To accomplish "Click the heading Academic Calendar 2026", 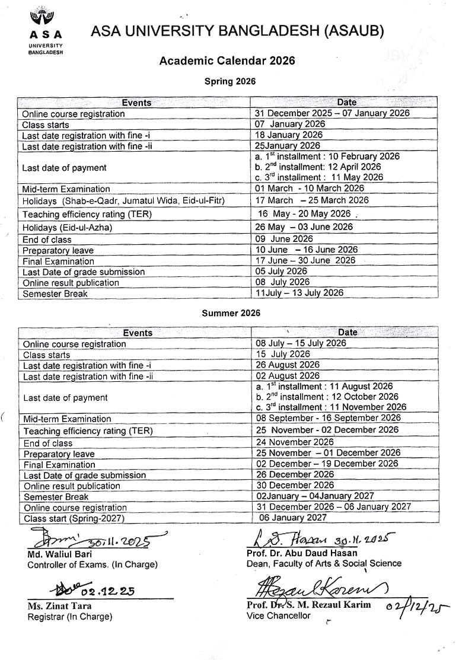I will (227, 60).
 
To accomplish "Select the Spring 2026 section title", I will (230, 82).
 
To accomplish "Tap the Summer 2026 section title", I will (231, 313).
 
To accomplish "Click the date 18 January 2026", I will (289, 135).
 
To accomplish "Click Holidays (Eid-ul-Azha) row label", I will (67, 228).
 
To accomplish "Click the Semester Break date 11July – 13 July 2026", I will (299, 293).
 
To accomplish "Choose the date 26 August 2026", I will (288, 365).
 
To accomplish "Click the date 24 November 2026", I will (295, 442).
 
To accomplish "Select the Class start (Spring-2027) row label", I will (74, 518).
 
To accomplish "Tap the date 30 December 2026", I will (295, 485).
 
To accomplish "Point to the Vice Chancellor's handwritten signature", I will (320, 589).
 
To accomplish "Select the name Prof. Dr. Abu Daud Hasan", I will (302, 553).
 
